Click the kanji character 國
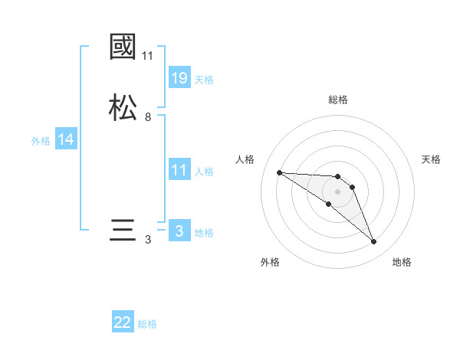click(123, 48)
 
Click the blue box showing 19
click(179, 77)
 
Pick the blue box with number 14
click(66, 139)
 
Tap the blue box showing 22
click(123, 322)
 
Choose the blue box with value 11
click(179, 170)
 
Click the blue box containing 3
click(179, 231)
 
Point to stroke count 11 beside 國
click(148, 56)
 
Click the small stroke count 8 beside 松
click(148, 117)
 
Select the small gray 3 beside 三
click(148, 240)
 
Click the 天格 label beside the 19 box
click(204, 79)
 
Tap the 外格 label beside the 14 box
click(41, 141)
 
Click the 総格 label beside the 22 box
click(147, 324)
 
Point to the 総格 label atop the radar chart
click(338, 100)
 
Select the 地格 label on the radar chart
click(402, 263)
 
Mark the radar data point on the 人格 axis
click(280, 172)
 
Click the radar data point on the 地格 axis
click(374, 242)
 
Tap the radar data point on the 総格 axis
click(338, 177)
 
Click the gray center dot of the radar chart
click(338, 191)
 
